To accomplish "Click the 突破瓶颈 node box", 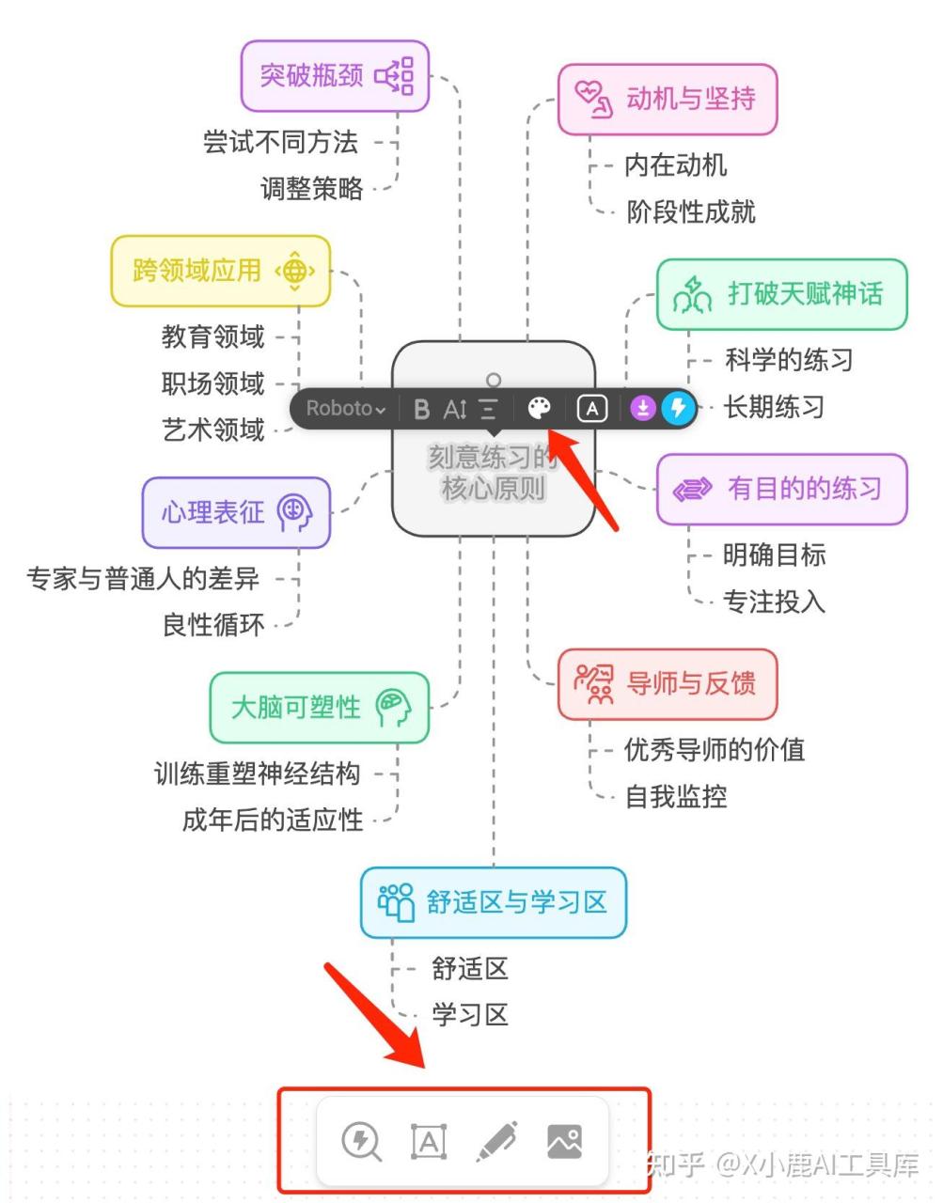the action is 335,76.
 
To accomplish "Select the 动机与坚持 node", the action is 668,100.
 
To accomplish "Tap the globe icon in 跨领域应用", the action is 295,272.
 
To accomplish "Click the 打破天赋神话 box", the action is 782,294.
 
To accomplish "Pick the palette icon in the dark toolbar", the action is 539,409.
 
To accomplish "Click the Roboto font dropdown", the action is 346,409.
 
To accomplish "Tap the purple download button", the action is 643,409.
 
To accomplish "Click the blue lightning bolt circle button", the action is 678,409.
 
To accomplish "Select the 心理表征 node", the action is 236,512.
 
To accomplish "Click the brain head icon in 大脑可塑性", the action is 393,708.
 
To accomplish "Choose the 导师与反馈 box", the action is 668,684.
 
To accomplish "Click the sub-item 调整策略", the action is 312,189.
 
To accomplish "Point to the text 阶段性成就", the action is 690,212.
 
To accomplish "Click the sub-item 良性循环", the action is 213,626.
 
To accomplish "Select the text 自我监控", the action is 676,797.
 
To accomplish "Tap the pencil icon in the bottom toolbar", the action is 496,1141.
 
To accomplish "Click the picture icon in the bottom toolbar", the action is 564,1142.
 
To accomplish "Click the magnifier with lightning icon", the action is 362,1142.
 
